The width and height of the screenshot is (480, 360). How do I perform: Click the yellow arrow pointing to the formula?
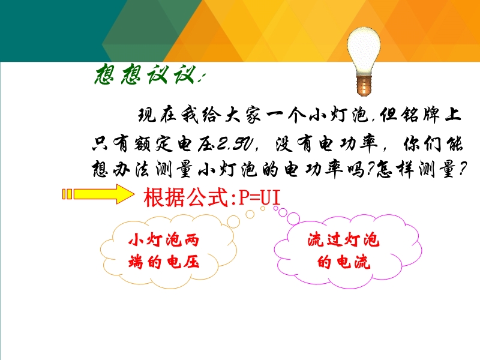coord(104,194)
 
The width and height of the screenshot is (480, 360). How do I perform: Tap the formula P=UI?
coord(260,198)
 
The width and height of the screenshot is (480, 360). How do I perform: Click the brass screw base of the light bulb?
coord(364,86)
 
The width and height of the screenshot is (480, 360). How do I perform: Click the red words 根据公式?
coord(186,198)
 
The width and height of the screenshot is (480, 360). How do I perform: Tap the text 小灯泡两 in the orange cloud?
coord(164,239)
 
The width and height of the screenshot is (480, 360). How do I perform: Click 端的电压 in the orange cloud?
coord(164,262)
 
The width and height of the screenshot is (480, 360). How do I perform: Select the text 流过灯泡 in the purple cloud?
coord(343,239)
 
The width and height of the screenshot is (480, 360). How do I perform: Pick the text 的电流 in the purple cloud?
coord(343,262)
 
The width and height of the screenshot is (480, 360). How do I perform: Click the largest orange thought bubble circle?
coord(233,221)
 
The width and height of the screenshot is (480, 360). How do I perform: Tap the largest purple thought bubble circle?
coord(293,218)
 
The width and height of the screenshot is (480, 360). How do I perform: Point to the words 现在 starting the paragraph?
coord(157,115)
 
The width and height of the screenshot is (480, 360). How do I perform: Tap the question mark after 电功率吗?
coord(371,169)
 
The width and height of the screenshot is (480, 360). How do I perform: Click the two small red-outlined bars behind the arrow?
coord(67,194)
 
